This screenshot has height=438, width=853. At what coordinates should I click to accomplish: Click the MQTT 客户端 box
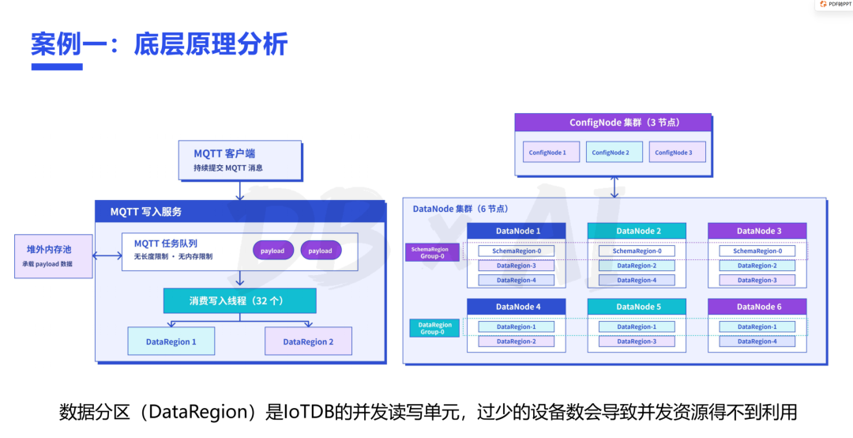coord(240,160)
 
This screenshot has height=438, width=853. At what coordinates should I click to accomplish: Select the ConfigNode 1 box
coord(547,152)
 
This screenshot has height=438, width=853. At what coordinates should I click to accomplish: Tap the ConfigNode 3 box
coord(674,152)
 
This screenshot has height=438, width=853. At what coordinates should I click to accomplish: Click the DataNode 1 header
coord(517,231)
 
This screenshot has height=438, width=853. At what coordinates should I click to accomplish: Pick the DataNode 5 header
coord(637,307)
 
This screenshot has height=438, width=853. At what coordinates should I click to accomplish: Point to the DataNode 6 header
coord(757,307)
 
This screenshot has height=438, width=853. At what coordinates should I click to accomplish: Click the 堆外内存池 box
coord(54,256)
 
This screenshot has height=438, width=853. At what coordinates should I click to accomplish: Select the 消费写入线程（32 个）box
coord(239,300)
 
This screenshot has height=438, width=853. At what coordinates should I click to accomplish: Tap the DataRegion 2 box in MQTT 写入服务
coord(309,342)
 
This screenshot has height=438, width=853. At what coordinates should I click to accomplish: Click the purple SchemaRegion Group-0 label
coord(432,253)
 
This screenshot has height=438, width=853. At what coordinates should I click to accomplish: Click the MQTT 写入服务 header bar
coord(240,212)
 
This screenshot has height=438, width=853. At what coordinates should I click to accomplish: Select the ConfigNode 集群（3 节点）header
coord(613,123)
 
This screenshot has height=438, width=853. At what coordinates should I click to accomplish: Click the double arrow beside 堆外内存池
coord(107,256)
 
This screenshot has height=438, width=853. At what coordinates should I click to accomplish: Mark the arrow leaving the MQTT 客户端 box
coord(239,191)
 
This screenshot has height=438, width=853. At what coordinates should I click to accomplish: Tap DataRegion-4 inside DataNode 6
coord(757,341)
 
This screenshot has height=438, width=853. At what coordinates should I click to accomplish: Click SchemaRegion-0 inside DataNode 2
coord(637,251)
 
